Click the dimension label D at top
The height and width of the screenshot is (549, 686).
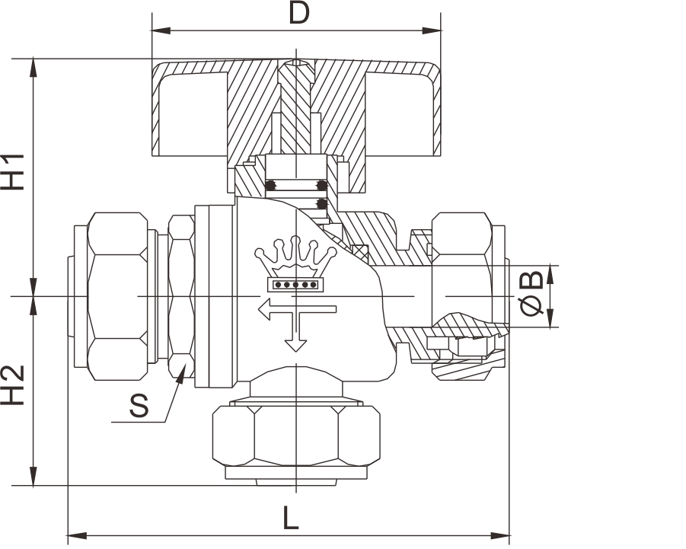(x=298, y=13)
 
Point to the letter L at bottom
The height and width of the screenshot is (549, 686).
(x=290, y=519)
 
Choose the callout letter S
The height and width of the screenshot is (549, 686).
(x=139, y=406)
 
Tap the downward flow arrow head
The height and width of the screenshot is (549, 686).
(x=295, y=346)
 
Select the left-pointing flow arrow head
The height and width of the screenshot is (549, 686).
(x=263, y=309)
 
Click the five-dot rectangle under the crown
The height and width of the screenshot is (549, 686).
(x=295, y=285)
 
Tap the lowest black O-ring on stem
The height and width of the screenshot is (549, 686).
(x=321, y=204)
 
